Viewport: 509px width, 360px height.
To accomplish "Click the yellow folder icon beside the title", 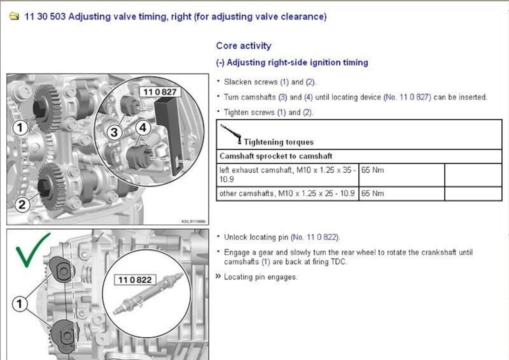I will pos(14,16).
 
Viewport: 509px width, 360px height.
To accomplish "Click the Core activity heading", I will pos(244,46).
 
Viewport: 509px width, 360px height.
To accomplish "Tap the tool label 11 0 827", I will pos(160,92).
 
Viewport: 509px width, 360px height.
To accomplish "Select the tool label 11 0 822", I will pos(135,280).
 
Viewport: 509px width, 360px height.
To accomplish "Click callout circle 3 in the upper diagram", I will pos(114,132).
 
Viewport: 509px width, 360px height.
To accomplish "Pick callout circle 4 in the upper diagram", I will pos(143,128).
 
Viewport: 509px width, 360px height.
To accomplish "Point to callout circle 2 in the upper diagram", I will pos(22,204).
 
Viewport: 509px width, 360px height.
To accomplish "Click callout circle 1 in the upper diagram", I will pos(20,127).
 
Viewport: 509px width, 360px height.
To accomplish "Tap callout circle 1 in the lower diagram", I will pos(20,304).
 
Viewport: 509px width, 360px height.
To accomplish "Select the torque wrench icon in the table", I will pos(231,134).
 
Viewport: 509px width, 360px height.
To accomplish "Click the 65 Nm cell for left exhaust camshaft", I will pos(372,170).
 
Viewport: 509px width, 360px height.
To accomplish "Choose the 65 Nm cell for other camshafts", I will pos(372,193).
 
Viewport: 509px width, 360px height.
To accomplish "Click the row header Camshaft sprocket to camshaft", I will pos(276,156).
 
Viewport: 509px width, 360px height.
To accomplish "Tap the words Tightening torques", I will pos(279,142).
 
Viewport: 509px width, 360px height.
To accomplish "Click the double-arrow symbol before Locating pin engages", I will pos(218,276).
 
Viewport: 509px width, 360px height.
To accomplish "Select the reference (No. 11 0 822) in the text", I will pos(315,237).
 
